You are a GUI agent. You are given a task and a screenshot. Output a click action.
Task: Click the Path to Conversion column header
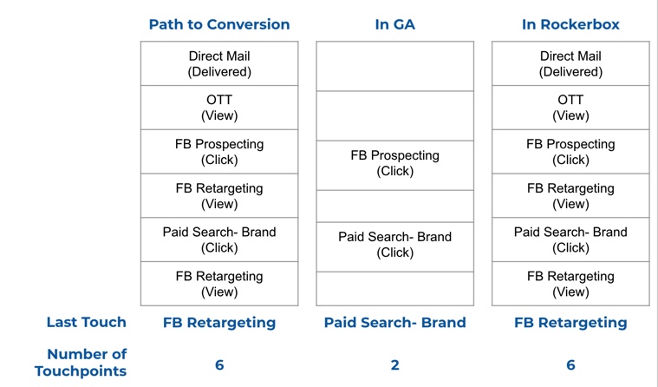[219, 24]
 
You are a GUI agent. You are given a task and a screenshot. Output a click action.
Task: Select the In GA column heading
[394, 24]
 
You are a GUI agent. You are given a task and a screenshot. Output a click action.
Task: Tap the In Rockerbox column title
[570, 24]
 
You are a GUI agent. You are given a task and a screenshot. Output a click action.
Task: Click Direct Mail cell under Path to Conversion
[219, 64]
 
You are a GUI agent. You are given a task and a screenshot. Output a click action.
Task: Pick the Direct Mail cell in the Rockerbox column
[570, 64]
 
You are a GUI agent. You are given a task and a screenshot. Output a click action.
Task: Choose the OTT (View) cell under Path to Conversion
[219, 108]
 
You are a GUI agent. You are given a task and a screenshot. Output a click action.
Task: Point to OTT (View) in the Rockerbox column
[570, 108]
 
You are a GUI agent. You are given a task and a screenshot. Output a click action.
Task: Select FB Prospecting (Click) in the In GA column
[394, 163]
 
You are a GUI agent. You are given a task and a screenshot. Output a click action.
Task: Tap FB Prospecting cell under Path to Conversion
[219, 152]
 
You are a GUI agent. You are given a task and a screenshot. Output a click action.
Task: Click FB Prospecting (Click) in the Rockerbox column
[570, 152]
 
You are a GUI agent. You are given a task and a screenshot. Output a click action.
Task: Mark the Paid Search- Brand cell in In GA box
[394, 245]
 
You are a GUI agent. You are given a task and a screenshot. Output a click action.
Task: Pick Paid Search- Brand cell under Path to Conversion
[219, 239]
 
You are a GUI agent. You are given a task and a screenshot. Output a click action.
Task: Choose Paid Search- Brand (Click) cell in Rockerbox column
[570, 239]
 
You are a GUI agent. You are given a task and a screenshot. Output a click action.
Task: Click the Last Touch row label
[87, 322]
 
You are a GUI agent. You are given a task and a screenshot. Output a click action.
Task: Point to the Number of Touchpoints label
[81, 363]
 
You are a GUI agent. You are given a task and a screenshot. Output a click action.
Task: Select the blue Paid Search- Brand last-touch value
[394, 322]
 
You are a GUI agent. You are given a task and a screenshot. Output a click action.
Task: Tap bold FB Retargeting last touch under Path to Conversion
[219, 323]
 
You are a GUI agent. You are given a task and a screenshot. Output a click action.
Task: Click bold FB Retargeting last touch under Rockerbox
[570, 323]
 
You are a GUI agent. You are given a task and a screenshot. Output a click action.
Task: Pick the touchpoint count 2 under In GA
[394, 365]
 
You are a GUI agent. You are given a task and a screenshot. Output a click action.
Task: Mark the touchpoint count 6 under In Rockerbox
[570, 365]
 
